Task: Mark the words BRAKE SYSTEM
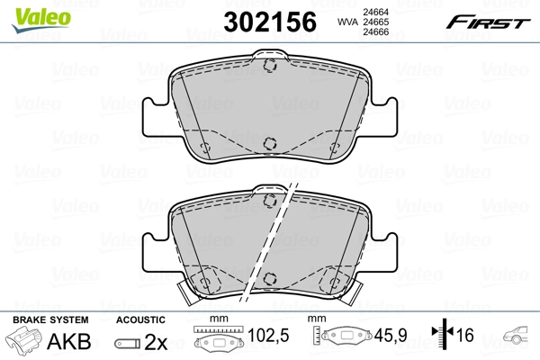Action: (x=49, y=320)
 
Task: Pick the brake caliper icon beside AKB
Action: (x=24, y=342)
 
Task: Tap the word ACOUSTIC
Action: (x=141, y=320)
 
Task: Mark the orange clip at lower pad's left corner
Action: (x=180, y=290)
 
